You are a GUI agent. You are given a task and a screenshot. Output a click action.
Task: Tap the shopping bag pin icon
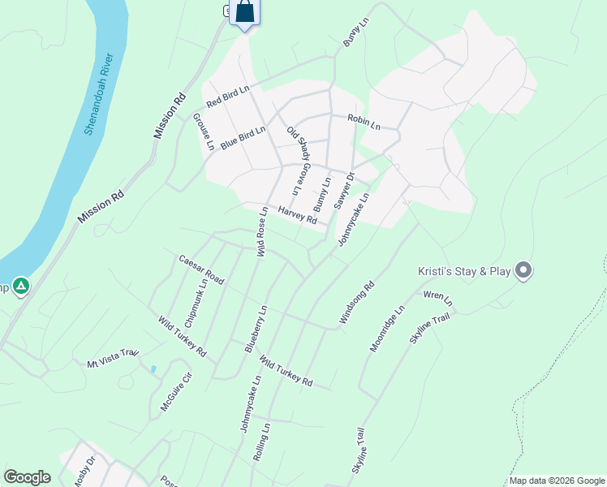[x=245, y=14]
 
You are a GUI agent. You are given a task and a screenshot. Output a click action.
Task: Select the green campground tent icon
[x=21, y=286]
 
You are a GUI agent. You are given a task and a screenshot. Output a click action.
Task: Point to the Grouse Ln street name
[x=204, y=131]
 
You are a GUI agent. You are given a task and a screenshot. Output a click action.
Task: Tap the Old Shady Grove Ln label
[x=299, y=160]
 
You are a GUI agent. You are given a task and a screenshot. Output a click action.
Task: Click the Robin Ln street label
[x=364, y=123]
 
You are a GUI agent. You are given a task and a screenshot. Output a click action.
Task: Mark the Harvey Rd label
[x=297, y=214]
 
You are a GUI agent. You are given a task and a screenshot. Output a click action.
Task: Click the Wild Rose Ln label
[x=262, y=232]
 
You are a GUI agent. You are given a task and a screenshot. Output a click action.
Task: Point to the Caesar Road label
[x=201, y=269]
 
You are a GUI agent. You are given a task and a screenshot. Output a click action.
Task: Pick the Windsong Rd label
[x=356, y=304]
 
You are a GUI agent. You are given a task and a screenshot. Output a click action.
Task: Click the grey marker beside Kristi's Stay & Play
[x=523, y=270]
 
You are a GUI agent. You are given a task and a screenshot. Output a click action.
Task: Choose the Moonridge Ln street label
[x=387, y=329]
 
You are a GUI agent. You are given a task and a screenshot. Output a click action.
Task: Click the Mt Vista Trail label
[x=114, y=358]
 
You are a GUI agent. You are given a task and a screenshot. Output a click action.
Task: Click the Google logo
[x=27, y=477]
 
